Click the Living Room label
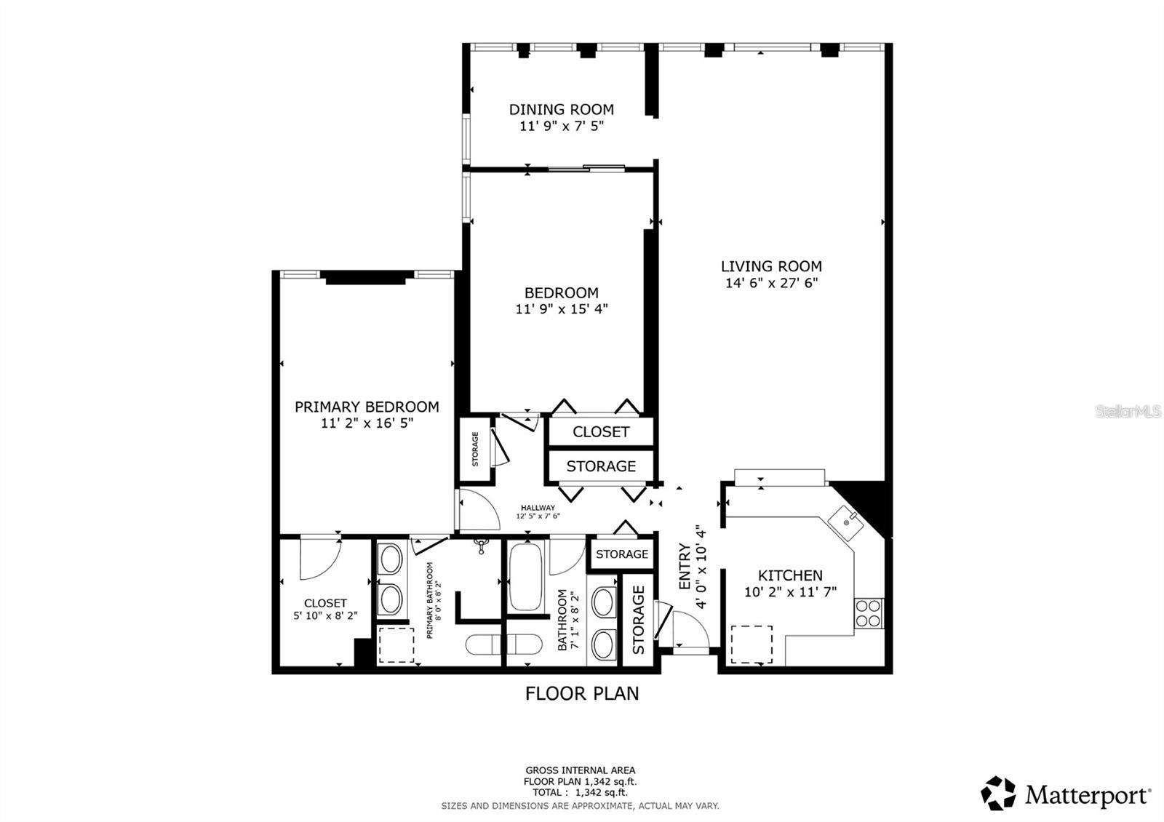click(x=771, y=266)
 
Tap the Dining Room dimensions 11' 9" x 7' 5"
click(x=561, y=126)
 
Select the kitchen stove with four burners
click(x=868, y=613)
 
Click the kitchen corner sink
click(x=847, y=522)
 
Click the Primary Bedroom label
click(x=367, y=407)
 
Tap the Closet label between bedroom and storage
click(x=600, y=431)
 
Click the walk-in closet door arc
click(x=320, y=558)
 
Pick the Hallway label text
click(x=538, y=508)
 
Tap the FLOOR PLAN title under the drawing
click(x=582, y=693)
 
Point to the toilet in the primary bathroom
click(x=503, y=644)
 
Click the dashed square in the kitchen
click(x=752, y=644)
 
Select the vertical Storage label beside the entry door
click(x=639, y=620)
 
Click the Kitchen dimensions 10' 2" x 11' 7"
click(x=790, y=592)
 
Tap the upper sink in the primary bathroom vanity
click(x=391, y=561)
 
